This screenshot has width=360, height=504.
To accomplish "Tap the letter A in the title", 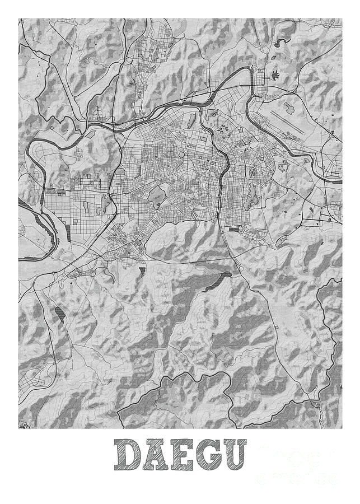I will pyautogui.click(x=156, y=455).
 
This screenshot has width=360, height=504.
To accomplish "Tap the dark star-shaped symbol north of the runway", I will pyautogui.click(x=275, y=74).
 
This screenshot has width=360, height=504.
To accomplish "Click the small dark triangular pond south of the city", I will pyautogui.click(x=142, y=273).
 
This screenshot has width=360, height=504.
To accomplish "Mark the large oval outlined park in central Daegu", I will pyautogui.click(x=157, y=197).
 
